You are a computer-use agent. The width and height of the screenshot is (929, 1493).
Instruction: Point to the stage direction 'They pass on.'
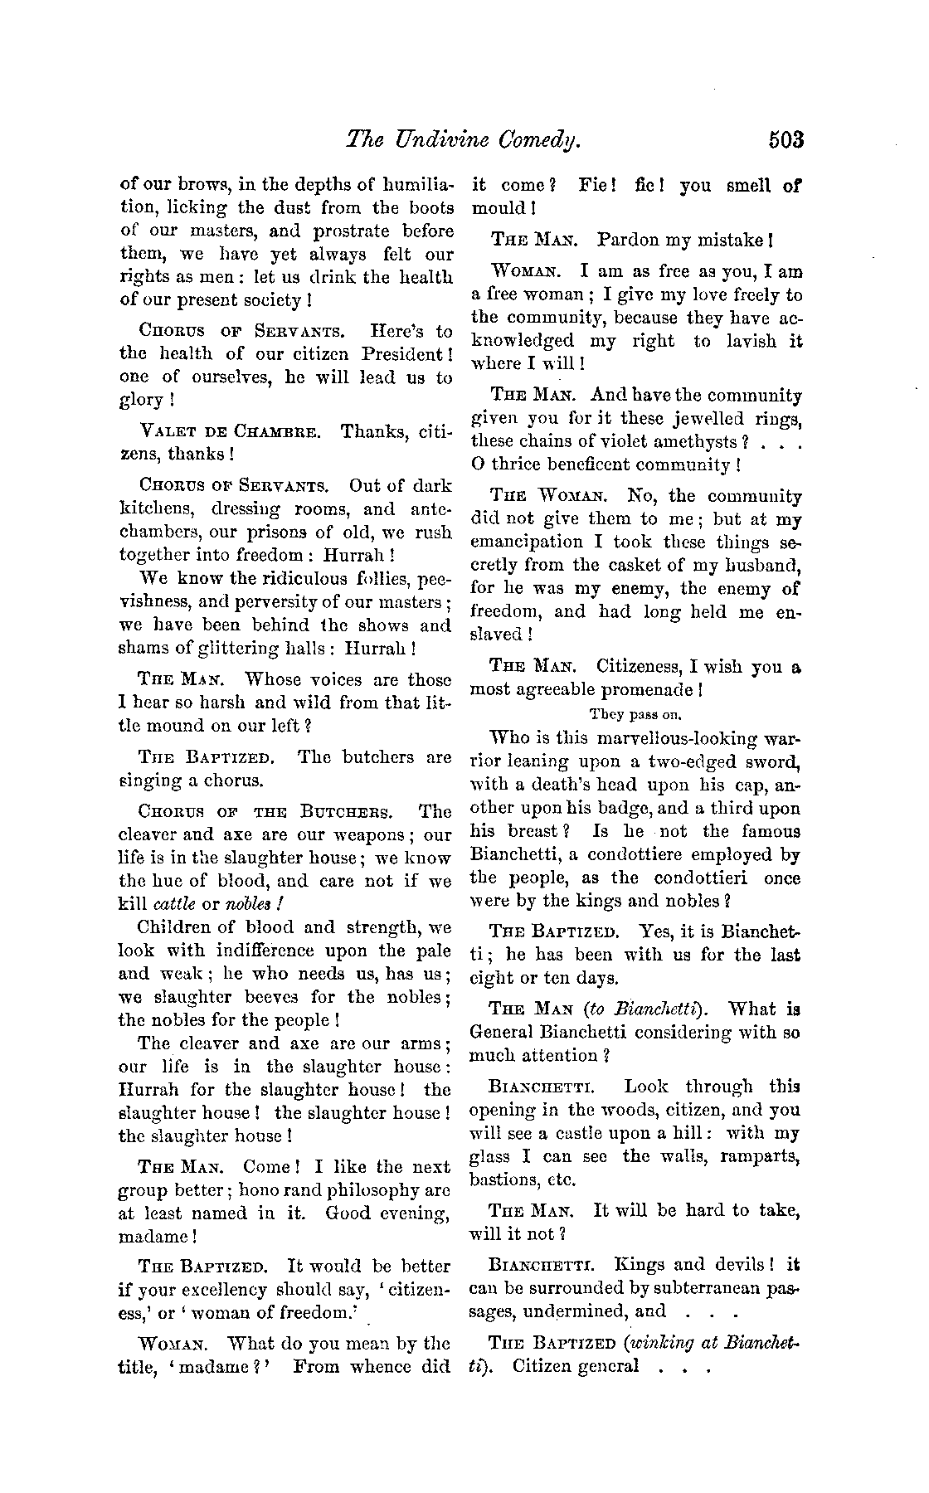pyautogui.click(x=635, y=713)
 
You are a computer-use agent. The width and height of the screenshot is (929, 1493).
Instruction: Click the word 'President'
pyautogui.click(x=402, y=354)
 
